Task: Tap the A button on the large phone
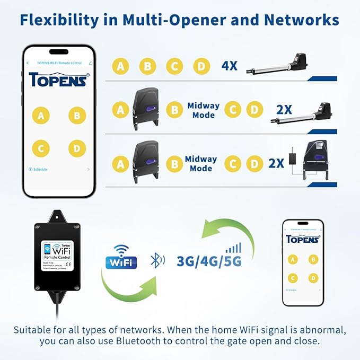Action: click(x=40, y=116)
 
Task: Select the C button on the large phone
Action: click(x=40, y=148)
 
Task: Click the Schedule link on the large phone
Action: click(x=38, y=169)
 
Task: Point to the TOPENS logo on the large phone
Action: click(x=59, y=80)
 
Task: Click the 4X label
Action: click(x=230, y=66)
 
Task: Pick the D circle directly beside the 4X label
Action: click(x=201, y=66)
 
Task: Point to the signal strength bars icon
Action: click(x=233, y=248)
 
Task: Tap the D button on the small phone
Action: click(x=313, y=278)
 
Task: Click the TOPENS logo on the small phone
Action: click(x=302, y=239)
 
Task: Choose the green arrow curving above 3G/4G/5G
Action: click(x=227, y=228)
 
